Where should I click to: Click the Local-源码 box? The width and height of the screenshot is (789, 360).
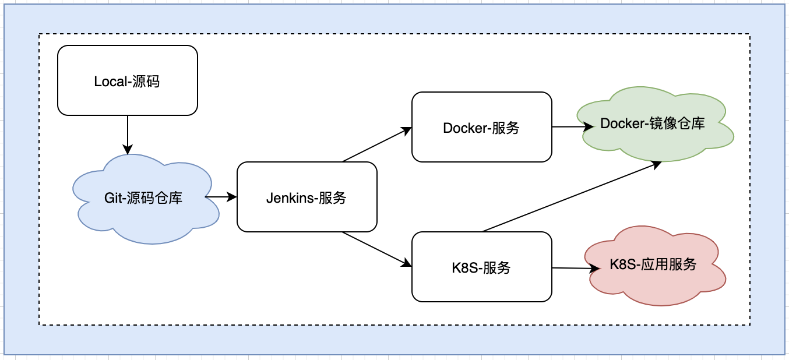pyautogui.click(x=128, y=80)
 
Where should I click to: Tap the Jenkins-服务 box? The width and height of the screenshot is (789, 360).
pyautogui.click(x=307, y=197)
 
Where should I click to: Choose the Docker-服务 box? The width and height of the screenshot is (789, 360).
pyautogui.click(x=481, y=127)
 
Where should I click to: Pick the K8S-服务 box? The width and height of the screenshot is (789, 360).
pyautogui.click(x=481, y=267)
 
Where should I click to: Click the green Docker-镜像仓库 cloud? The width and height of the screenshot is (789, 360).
pyautogui.click(x=655, y=124)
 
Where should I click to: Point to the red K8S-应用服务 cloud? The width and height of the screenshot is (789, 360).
pyautogui.click(x=655, y=266)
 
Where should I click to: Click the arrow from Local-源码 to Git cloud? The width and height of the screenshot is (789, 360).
pyautogui.click(x=128, y=135)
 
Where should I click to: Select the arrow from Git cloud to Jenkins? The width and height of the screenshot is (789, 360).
pyautogui.click(x=221, y=197)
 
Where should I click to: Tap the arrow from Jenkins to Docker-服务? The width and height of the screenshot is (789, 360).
pyautogui.click(x=377, y=144)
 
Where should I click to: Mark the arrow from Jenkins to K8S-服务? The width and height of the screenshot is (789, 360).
pyautogui.click(x=377, y=249)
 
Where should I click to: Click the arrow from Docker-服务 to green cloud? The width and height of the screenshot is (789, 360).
pyautogui.click(x=573, y=127)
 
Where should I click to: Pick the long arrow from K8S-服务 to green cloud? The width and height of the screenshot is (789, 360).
pyautogui.click(x=572, y=196)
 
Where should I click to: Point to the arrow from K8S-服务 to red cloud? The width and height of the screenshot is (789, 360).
pyautogui.click(x=576, y=268)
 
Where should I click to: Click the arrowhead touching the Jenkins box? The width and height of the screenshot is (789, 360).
pyautogui.click(x=231, y=197)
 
